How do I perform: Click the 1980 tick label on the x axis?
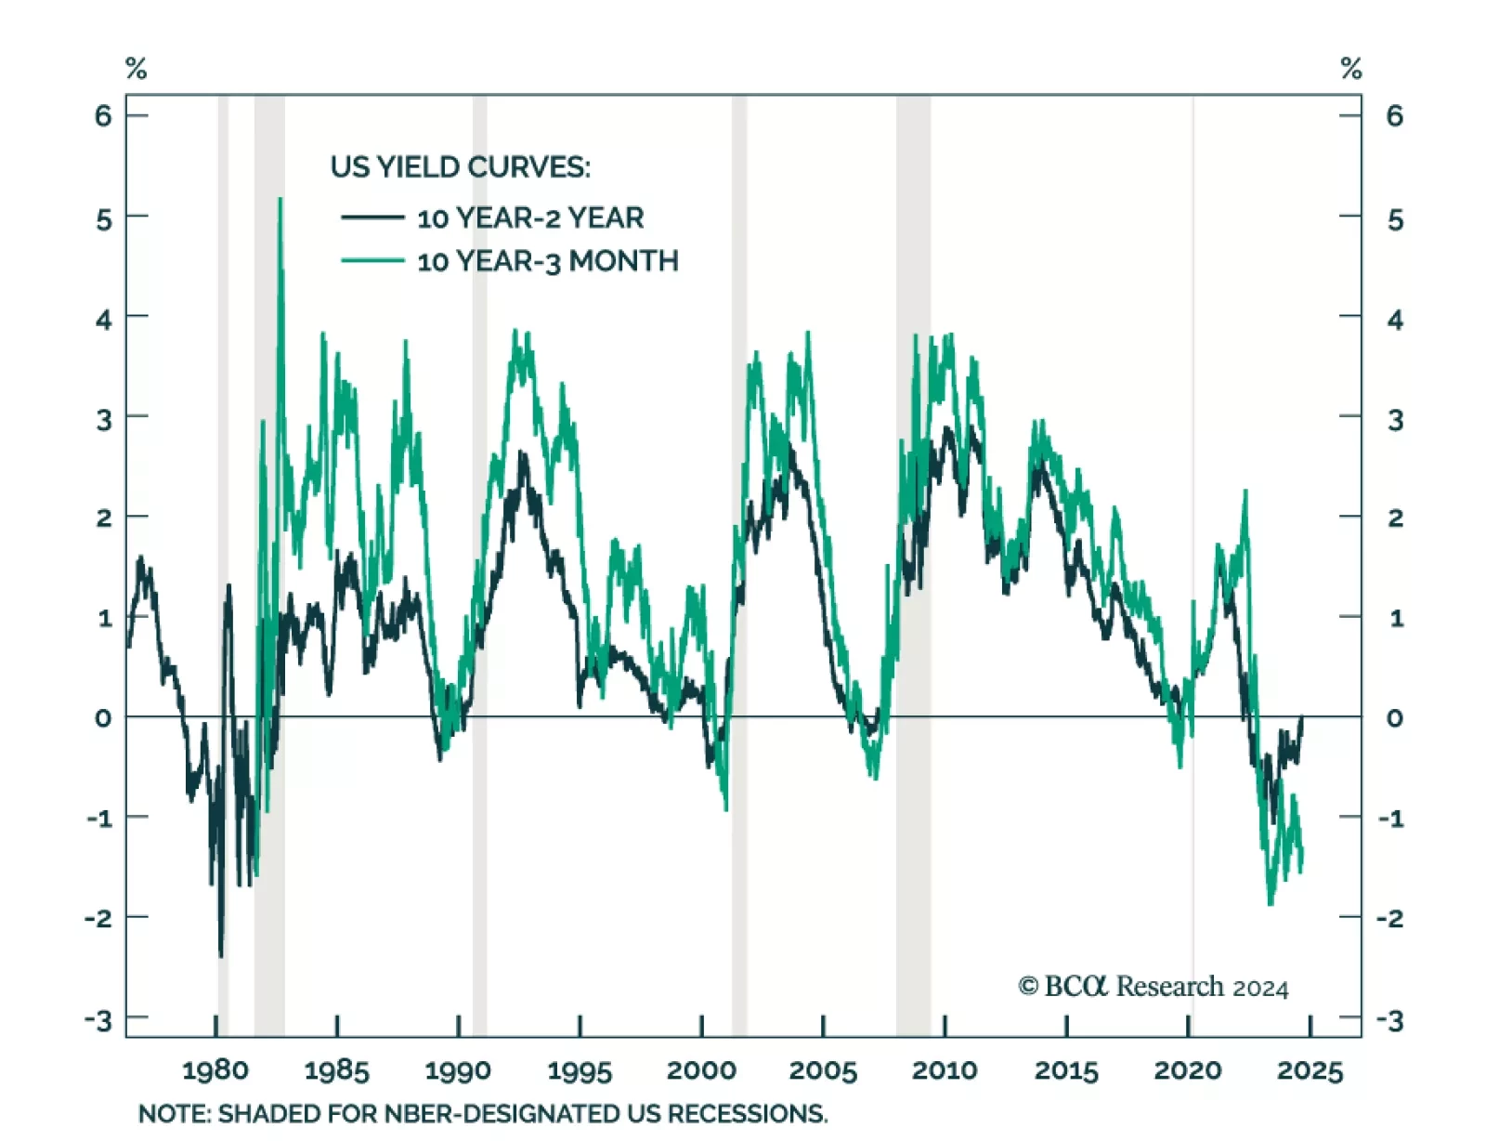pyautogui.click(x=215, y=1070)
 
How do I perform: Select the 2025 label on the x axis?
pyautogui.click(x=1310, y=1070)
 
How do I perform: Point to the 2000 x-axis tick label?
pyautogui.click(x=701, y=1070)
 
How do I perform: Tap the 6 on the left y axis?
pyautogui.click(x=103, y=116)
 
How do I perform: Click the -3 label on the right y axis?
pyautogui.click(x=1389, y=1020)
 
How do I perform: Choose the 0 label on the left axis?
pyautogui.click(x=103, y=718)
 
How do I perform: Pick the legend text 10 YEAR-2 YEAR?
pyautogui.click(x=529, y=218)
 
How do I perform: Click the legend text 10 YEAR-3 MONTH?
pyautogui.click(x=547, y=262)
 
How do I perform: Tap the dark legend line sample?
pyautogui.click(x=372, y=217)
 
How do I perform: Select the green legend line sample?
pyautogui.click(x=372, y=261)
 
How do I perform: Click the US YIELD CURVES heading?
pyautogui.click(x=460, y=167)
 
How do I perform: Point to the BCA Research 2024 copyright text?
pyautogui.click(x=1153, y=987)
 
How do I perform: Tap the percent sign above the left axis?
pyautogui.click(x=136, y=69)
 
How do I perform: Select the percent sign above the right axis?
pyautogui.click(x=1351, y=69)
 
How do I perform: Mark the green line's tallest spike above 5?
pyautogui.click(x=280, y=199)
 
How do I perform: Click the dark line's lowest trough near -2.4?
pyautogui.click(x=221, y=955)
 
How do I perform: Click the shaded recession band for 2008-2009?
pyautogui.click(x=913, y=557)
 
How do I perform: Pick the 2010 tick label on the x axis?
pyautogui.click(x=945, y=1070)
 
